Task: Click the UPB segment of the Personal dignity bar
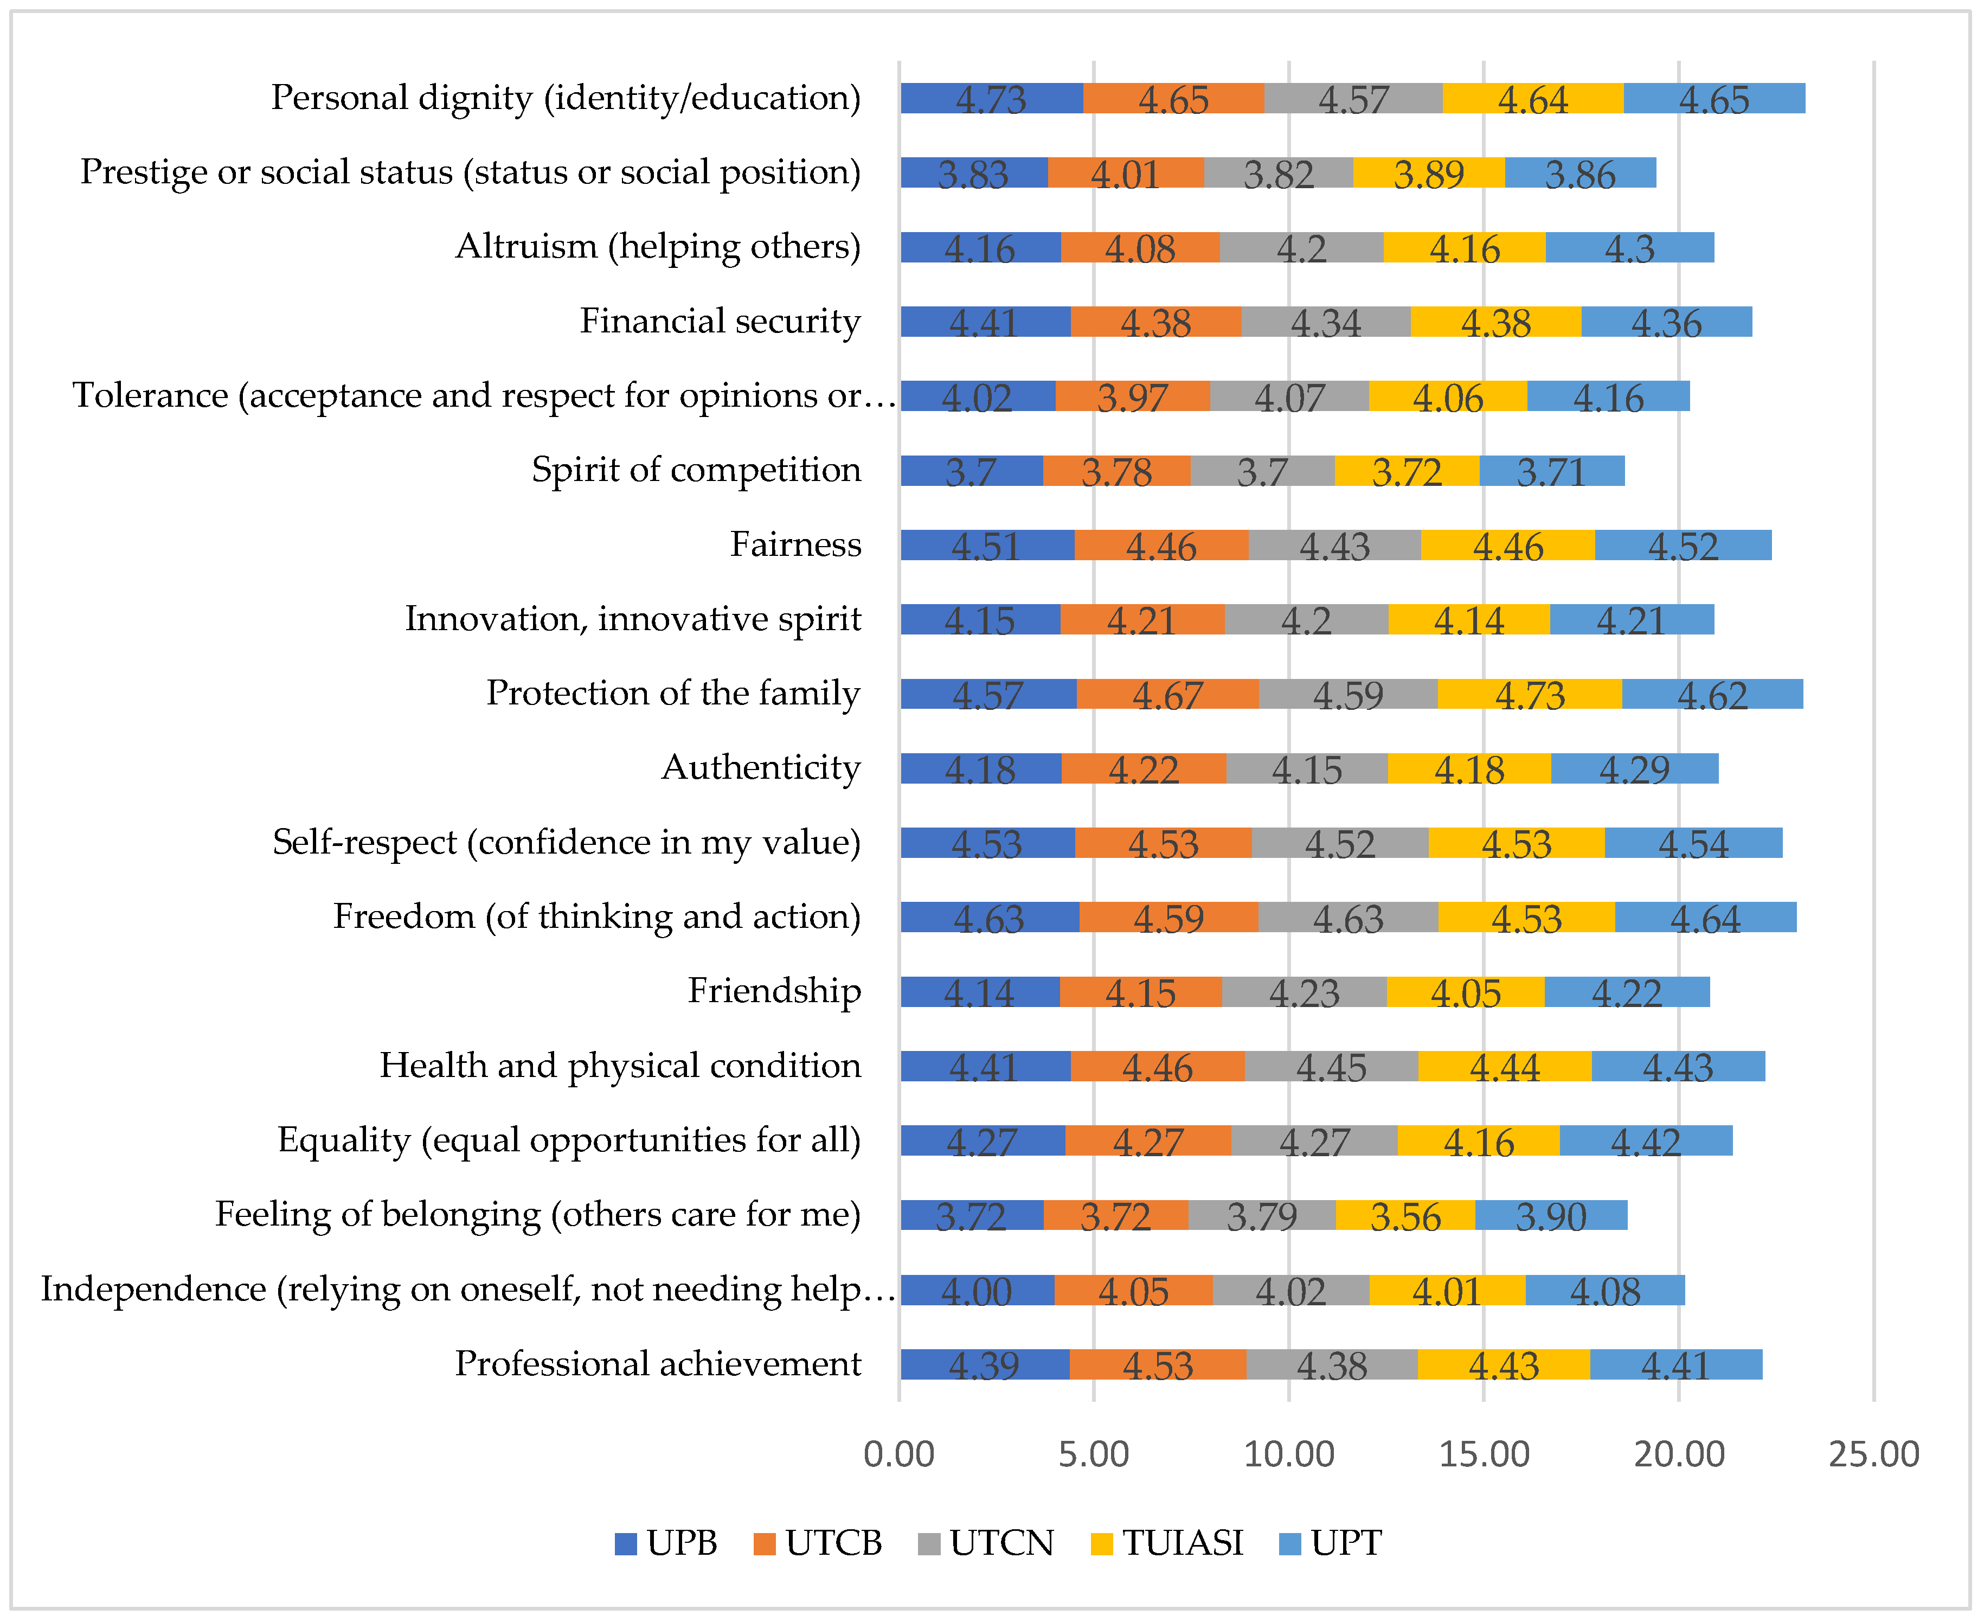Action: (991, 98)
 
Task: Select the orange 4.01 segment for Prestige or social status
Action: (1126, 173)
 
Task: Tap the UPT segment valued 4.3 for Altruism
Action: (1630, 248)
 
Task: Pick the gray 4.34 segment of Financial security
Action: (1326, 322)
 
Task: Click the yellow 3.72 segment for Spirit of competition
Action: (1407, 471)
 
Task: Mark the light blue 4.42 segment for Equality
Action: (1646, 1141)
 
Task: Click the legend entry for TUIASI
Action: (1167, 1543)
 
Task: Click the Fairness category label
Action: (796, 544)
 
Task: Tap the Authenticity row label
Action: (761, 768)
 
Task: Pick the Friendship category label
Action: (774, 991)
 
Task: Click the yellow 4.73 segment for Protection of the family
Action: (1530, 694)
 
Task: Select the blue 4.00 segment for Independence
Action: (977, 1290)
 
